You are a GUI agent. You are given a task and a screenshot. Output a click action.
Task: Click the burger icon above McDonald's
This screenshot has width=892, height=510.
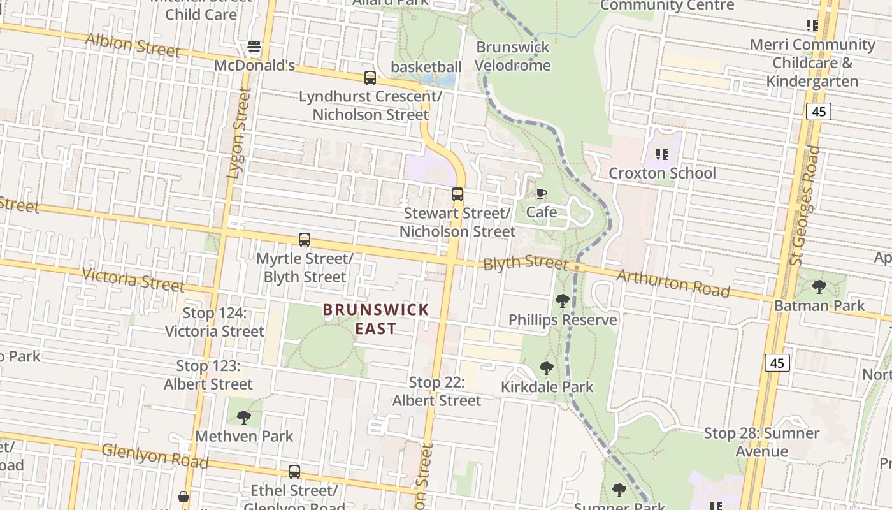254,47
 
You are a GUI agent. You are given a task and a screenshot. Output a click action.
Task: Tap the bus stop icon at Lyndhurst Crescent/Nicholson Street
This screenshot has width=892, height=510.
370,78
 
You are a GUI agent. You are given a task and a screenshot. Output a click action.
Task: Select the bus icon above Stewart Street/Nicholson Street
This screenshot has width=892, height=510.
457,194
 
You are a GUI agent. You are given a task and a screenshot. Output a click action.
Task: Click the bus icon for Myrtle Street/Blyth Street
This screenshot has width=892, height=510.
305,240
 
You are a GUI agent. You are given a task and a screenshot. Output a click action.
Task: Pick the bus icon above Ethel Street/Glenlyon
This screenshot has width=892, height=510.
294,472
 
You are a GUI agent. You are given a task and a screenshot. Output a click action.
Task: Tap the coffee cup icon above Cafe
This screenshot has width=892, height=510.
541,193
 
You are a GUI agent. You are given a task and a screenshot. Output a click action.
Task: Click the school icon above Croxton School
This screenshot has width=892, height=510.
662,154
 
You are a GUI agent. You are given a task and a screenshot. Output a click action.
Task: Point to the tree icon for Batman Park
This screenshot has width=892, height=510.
819,287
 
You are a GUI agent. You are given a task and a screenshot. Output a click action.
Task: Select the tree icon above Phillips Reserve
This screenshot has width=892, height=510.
562,301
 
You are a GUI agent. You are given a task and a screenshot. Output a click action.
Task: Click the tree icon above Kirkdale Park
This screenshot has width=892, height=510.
546,368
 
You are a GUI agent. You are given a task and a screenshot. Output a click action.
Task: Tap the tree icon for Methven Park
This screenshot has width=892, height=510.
243,418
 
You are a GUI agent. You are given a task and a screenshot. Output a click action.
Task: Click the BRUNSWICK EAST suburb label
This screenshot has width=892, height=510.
376,319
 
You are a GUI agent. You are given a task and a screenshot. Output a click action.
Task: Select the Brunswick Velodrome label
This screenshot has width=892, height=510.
513,56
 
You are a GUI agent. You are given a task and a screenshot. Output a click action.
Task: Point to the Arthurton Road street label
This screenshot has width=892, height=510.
673,283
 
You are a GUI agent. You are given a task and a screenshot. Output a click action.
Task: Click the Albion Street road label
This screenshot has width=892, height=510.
133,45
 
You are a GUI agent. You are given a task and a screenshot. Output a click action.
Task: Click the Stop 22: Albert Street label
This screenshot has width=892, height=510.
436,391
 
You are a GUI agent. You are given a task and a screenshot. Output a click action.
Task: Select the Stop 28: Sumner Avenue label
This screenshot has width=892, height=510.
761,442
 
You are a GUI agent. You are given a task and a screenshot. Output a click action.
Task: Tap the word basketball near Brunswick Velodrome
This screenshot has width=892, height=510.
426,67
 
